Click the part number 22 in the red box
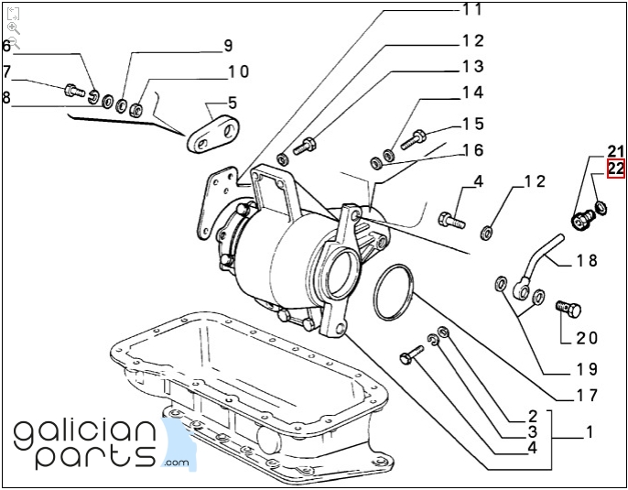pyautogui.click(x=615, y=169)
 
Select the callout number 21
pyautogui.click(x=615, y=151)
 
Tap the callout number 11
pyautogui.click(x=471, y=10)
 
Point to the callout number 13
pyautogui.click(x=471, y=66)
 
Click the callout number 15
pyautogui.click(x=471, y=124)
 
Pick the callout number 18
pyautogui.click(x=586, y=261)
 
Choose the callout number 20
pyautogui.click(x=586, y=338)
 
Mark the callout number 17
pyautogui.click(x=586, y=396)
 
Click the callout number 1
pyautogui.click(x=590, y=430)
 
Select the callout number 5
pyautogui.click(x=233, y=103)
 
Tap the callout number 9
pyautogui.click(x=227, y=46)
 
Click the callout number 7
pyautogui.click(x=6, y=71)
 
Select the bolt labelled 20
pyautogui.click(x=568, y=309)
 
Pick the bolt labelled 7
pyautogui.click(x=72, y=90)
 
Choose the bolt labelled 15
pyautogui.click(x=415, y=138)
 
